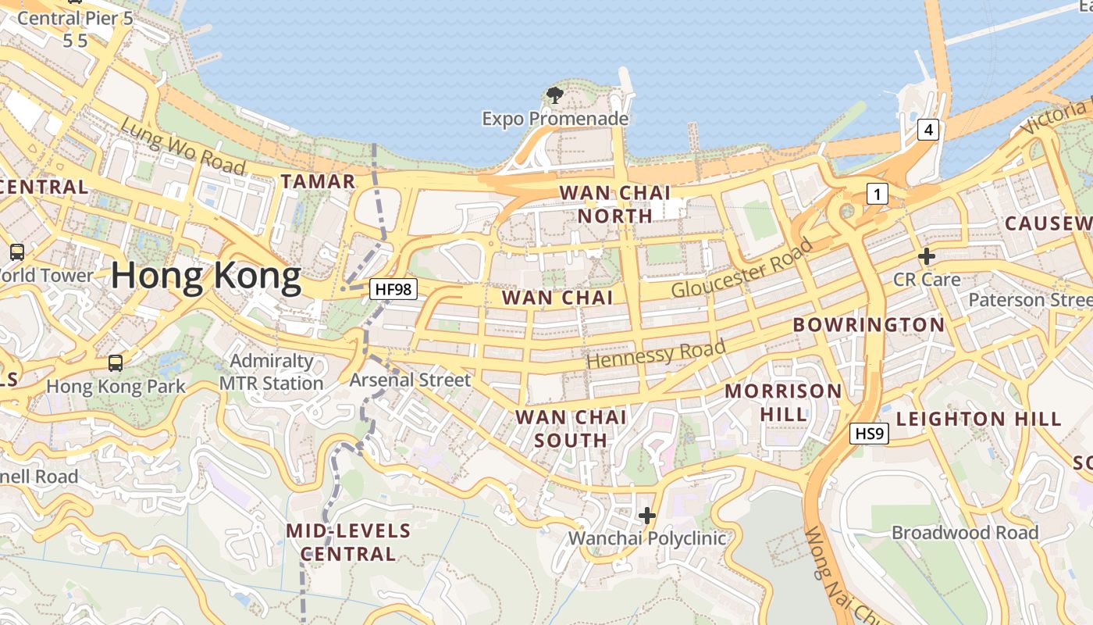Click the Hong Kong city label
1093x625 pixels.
pyautogui.click(x=206, y=277)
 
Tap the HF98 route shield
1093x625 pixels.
pyautogui.click(x=393, y=289)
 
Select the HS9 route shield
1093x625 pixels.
pyautogui.click(x=870, y=433)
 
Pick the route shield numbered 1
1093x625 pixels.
pyautogui.click(x=877, y=194)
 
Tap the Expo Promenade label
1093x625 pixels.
pyautogui.click(x=555, y=119)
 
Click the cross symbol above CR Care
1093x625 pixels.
pyautogui.click(x=927, y=256)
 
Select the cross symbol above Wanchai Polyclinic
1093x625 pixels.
pyautogui.click(x=646, y=516)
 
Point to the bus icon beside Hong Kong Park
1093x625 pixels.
pyautogui.click(x=116, y=363)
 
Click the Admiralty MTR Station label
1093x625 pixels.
pyautogui.click(x=271, y=372)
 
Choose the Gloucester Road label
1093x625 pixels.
pyautogui.click(x=742, y=268)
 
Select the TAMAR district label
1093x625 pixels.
pyautogui.click(x=318, y=181)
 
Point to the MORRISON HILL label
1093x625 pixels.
pyautogui.click(x=784, y=402)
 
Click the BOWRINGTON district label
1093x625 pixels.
pyautogui.click(x=868, y=324)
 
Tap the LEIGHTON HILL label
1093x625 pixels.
pyautogui.click(x=979, y=419)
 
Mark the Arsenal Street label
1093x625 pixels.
pyautogui.click(x=410, y=380)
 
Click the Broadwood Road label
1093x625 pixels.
pyautogui.click(x=965, y=533)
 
